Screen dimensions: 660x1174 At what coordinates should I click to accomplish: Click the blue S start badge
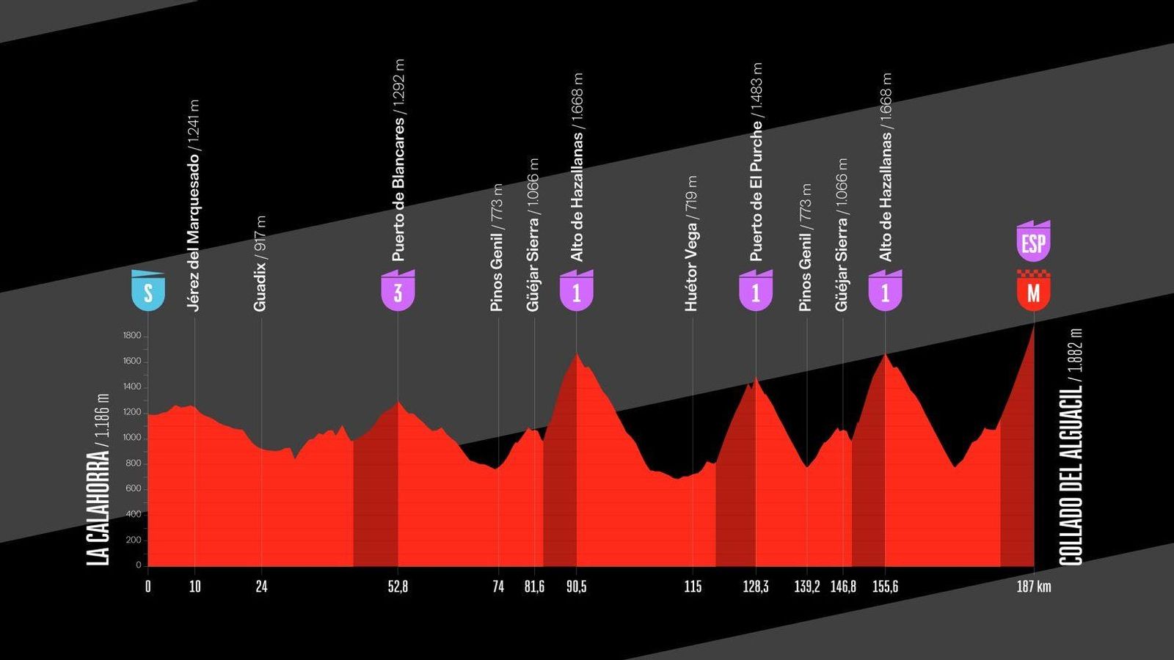tap(148, 291)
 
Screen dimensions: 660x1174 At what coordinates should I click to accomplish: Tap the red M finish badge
tap(1033, 291)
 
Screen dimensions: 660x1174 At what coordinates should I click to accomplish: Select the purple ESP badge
tap(1033, 241)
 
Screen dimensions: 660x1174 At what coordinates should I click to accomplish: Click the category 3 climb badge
tap(398, 291)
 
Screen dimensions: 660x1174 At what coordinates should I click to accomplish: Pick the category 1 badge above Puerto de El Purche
tap(756, 291)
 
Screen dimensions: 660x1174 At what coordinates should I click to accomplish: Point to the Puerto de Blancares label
tap(398, 161)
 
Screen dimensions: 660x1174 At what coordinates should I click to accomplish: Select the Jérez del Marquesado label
tap(194, 205)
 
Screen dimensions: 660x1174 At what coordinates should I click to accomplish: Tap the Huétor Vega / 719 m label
tap(691, 243)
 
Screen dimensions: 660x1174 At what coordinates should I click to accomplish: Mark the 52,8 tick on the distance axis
tap(398, 587)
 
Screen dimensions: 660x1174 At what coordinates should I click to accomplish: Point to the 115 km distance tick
tap(693, 587)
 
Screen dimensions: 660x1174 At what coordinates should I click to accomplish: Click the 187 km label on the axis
tap(1033, 587)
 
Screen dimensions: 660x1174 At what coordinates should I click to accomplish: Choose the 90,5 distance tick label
tap(576, 587)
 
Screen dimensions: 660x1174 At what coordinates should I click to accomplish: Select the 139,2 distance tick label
tap(807, 587)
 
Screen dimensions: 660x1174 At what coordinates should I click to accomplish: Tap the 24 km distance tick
tap(261, 587)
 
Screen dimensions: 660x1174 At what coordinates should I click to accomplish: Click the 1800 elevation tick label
tap(132, 336)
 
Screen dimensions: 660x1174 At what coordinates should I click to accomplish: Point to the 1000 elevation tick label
tap(132, 438)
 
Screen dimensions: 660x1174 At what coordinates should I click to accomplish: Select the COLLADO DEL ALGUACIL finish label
tap(1071, 447)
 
